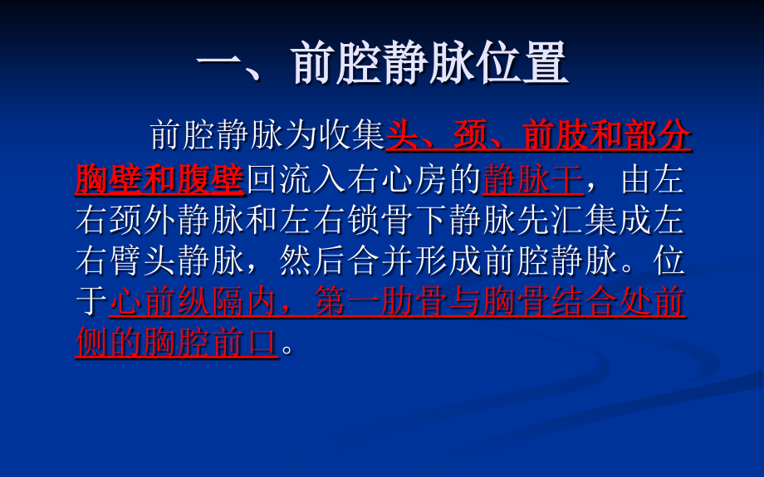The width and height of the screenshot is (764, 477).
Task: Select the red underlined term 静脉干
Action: coord(532,178)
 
